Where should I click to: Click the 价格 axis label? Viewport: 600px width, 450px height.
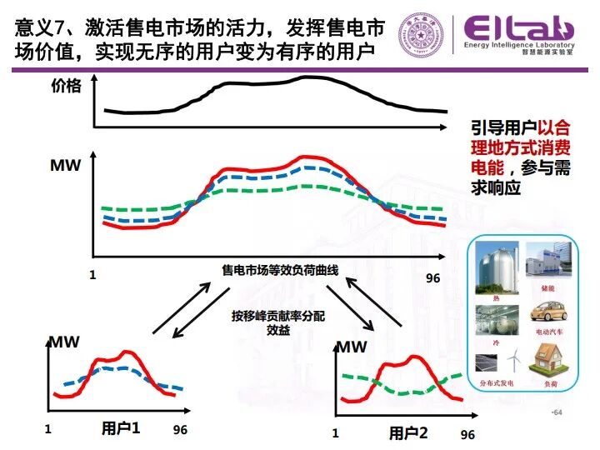(x=66, y=86)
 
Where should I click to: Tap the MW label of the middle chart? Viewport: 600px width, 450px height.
(x=66, y=165)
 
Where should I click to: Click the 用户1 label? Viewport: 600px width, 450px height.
(x=122, y=429)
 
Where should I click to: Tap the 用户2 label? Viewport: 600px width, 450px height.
(x=407, y=433)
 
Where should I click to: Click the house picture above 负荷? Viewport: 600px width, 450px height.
(x=547, y=362)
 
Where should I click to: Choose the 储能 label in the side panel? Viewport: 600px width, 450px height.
(x=547, y=287)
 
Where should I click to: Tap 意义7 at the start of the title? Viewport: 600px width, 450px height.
(x=35, y=29)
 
